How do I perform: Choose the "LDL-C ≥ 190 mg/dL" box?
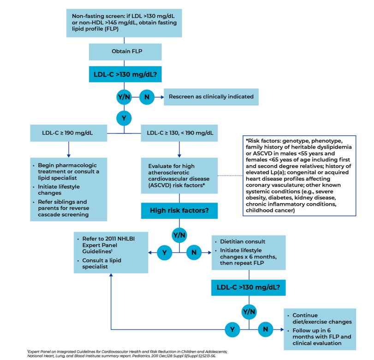[x=68, y=133]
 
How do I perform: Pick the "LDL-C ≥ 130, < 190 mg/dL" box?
[x=179, y=133]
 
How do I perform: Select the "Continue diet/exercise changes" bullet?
[x=322, y=318]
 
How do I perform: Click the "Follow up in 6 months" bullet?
[x=322, y=336]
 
